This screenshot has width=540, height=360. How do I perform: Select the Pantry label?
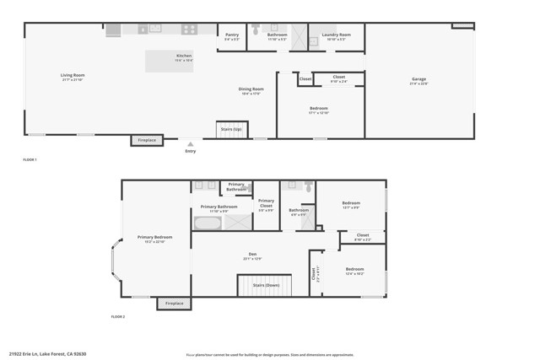pos(232,36)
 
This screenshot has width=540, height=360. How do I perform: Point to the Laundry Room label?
pos(337,36)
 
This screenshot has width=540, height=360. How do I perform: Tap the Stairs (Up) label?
pos(231,129)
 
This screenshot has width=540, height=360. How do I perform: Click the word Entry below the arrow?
pos(191,151)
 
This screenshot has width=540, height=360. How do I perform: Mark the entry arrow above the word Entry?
pos(191,144)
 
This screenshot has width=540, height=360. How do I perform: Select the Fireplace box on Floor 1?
pos(147,140)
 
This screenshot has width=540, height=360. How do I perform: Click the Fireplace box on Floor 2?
pos(175,303)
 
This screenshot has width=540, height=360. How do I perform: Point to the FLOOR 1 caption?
pos(30,159)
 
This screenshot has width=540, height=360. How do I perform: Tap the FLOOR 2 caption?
pos(118,316)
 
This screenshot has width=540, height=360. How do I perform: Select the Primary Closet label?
pos(266,202)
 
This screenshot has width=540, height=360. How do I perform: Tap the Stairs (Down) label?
pos(266,285)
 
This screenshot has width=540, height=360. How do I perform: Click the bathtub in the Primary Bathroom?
pos(207,223)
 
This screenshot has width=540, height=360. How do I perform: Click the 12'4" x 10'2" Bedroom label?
pos(354,271)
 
